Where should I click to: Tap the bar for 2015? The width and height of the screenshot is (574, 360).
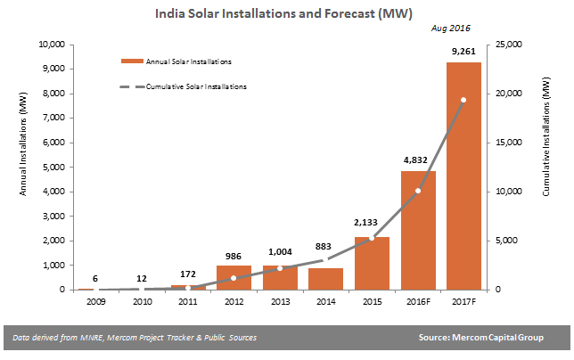372,263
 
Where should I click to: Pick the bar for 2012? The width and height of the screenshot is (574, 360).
234,277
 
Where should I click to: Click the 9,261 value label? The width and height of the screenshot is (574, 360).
463,53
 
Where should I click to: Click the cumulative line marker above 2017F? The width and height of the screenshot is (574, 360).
463,100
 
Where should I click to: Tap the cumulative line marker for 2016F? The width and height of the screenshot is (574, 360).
417,191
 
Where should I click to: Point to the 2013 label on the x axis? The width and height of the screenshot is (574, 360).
279,302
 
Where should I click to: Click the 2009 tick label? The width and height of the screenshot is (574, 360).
95,302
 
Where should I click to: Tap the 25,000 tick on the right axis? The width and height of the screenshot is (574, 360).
510,45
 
